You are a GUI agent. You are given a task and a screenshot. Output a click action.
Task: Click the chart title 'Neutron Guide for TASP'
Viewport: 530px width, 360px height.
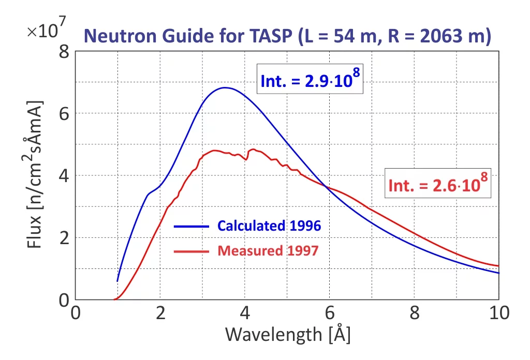tap(189, 36)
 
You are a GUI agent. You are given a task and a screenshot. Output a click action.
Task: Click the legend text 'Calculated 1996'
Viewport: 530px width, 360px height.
tap(269, 226)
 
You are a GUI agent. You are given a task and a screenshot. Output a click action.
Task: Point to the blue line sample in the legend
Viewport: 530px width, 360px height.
tap(192, 226)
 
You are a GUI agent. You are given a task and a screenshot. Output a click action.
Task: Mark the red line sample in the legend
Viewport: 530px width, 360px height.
tap(192, 251)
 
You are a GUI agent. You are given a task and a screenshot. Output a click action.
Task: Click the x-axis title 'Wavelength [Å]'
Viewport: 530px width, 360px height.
tap(287, 334)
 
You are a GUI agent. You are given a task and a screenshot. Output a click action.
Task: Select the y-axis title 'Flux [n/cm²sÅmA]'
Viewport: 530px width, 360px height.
tap(35, 175)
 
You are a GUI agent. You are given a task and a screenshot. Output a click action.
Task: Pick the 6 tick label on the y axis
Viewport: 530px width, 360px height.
tap(64, 114)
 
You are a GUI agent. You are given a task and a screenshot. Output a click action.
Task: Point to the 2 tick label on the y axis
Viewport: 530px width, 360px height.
tap(64, 238)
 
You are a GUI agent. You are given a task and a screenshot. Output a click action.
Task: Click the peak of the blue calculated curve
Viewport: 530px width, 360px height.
tap(225, 87)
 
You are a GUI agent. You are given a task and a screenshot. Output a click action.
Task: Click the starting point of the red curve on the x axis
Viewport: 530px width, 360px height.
tap(114, 299)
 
